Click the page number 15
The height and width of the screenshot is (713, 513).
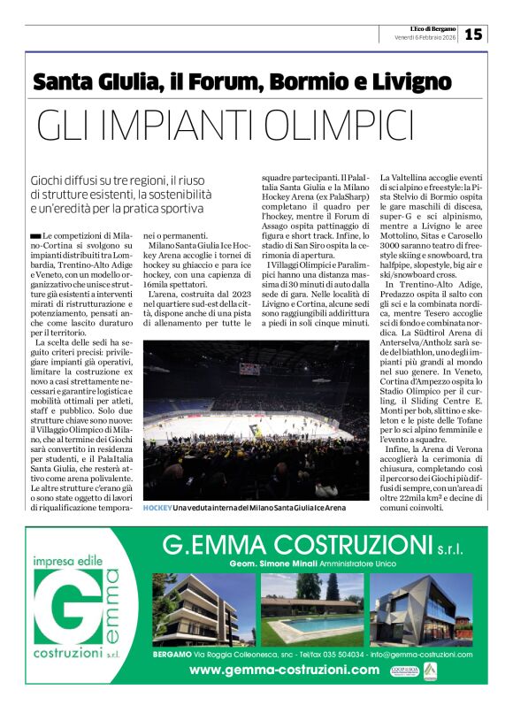click(473, 34)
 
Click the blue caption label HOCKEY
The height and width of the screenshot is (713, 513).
click(157, 509)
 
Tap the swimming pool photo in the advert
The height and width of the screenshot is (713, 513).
click(311, 610)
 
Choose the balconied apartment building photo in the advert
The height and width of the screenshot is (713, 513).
click(203, 610)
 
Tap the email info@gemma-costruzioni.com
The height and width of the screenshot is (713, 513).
click(421, 655)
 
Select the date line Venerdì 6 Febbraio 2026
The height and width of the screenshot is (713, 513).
click(425, 37)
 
